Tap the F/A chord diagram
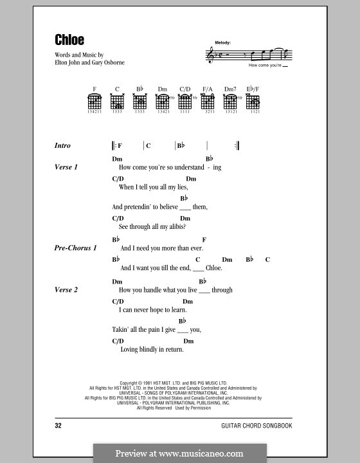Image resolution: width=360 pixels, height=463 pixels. click(208, 102)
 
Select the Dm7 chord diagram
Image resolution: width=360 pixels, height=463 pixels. click(231, 102)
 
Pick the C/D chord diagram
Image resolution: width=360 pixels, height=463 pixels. click(185, 102)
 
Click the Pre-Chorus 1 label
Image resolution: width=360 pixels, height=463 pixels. click(76, 248)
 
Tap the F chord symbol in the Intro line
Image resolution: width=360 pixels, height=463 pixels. click(120, 146)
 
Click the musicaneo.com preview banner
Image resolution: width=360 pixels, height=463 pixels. click(179, 453)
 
